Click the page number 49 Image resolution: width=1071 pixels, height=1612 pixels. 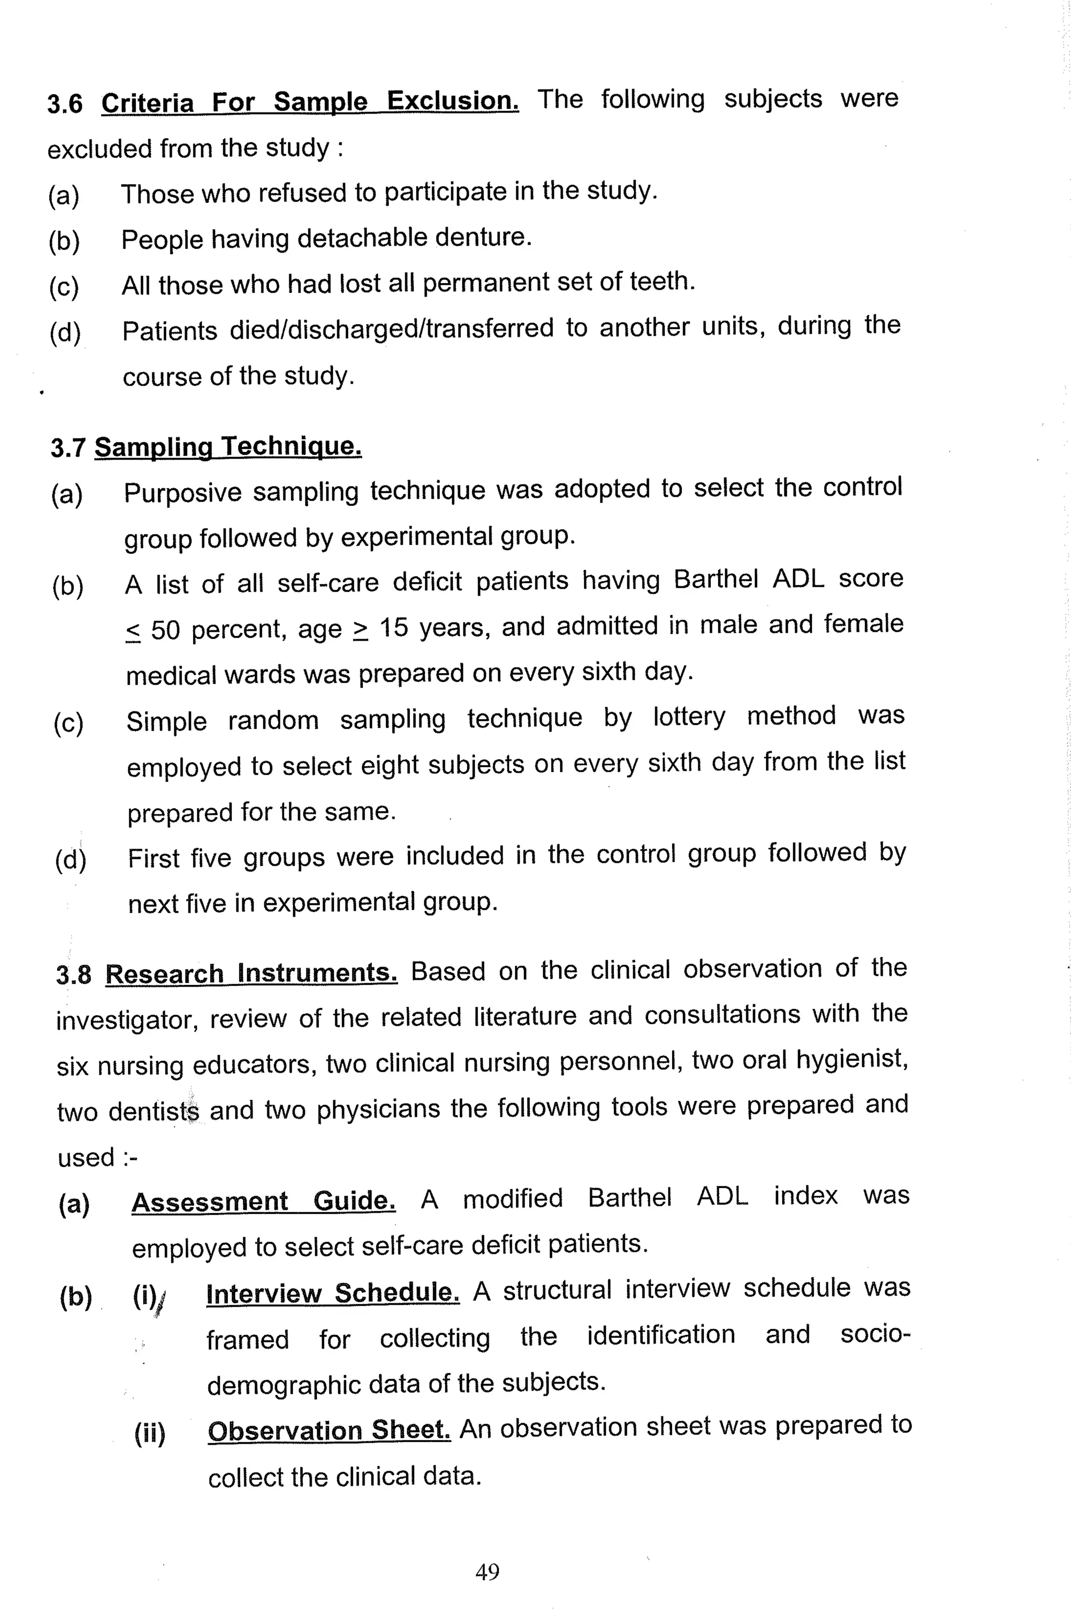(487, 1571)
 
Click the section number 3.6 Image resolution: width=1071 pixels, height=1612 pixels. (65, 104)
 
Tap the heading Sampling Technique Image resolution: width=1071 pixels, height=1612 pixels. (227, 447)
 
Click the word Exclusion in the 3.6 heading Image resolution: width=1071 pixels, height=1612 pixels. (452, 100)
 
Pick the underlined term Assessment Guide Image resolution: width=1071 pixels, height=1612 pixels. (263, 1200)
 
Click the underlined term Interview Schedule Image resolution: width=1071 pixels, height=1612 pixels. (333, 1292)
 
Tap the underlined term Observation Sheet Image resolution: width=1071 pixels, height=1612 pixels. (329, 1429)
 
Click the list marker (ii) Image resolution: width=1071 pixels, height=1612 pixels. (150, 1433)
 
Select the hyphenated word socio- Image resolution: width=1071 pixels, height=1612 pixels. (875, 1334)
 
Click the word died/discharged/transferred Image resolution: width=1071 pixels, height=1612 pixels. (391, 328)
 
